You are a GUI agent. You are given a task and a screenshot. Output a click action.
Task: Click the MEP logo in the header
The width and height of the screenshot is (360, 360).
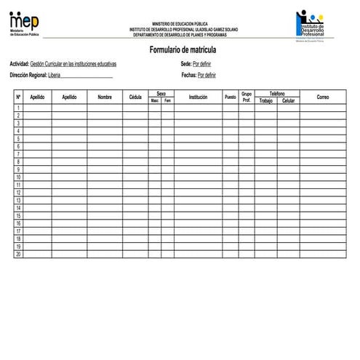pyautogui.click(x=25, y=23)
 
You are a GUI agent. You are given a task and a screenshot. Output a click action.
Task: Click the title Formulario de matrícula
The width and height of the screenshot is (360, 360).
pyautogui.click(x=183, y=49)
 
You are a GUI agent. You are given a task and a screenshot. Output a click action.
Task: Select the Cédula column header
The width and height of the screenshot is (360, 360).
pyautogui.click(x=135, y=97)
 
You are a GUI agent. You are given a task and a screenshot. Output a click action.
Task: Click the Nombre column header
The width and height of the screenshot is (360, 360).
pyautogui.click(x=105, y=97)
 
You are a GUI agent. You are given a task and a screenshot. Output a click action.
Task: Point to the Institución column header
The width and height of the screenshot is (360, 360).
pyautogui.click(x=198, y=97)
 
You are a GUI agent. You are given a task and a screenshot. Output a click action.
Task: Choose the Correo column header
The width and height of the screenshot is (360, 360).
pyautogui.click(x=323, y=97)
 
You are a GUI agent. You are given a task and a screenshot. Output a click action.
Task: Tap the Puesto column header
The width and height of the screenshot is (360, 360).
pyautogui.click(x=230, y=97)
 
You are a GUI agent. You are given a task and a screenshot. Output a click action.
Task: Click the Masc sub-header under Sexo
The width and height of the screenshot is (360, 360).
pyautogui.click(x=155, y=100)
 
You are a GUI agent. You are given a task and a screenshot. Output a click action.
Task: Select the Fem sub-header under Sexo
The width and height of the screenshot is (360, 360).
pyautogui.click(x=167, y=100)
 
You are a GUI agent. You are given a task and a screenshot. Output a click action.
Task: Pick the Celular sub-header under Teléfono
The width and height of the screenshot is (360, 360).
pyautogui.click(x=288, y=100)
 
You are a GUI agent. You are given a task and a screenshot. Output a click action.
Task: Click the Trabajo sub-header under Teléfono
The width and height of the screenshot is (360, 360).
pyautogui.click(x=265, y=100)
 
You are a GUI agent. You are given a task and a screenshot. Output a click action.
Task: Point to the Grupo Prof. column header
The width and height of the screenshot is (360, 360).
pyautogui.click(x=247, y=97)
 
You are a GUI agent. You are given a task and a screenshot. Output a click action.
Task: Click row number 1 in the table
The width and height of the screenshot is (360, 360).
pyautogui.click(x=18, y=108)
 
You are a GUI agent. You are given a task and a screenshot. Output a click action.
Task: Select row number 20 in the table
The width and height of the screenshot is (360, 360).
pyautogui.click(x=18, y=254)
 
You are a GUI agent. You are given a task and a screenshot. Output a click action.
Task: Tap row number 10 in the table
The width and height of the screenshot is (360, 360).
pyautogui.click(x=18, y=177)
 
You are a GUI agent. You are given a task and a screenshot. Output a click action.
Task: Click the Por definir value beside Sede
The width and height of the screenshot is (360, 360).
pyautogui.click(x=202, y=64)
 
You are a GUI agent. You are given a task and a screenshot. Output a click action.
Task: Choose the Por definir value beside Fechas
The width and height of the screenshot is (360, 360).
pyautogui.click(x=207, y=75)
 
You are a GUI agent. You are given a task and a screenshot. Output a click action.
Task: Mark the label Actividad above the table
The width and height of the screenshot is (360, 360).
pyautogui.click(x=19, y=64)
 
